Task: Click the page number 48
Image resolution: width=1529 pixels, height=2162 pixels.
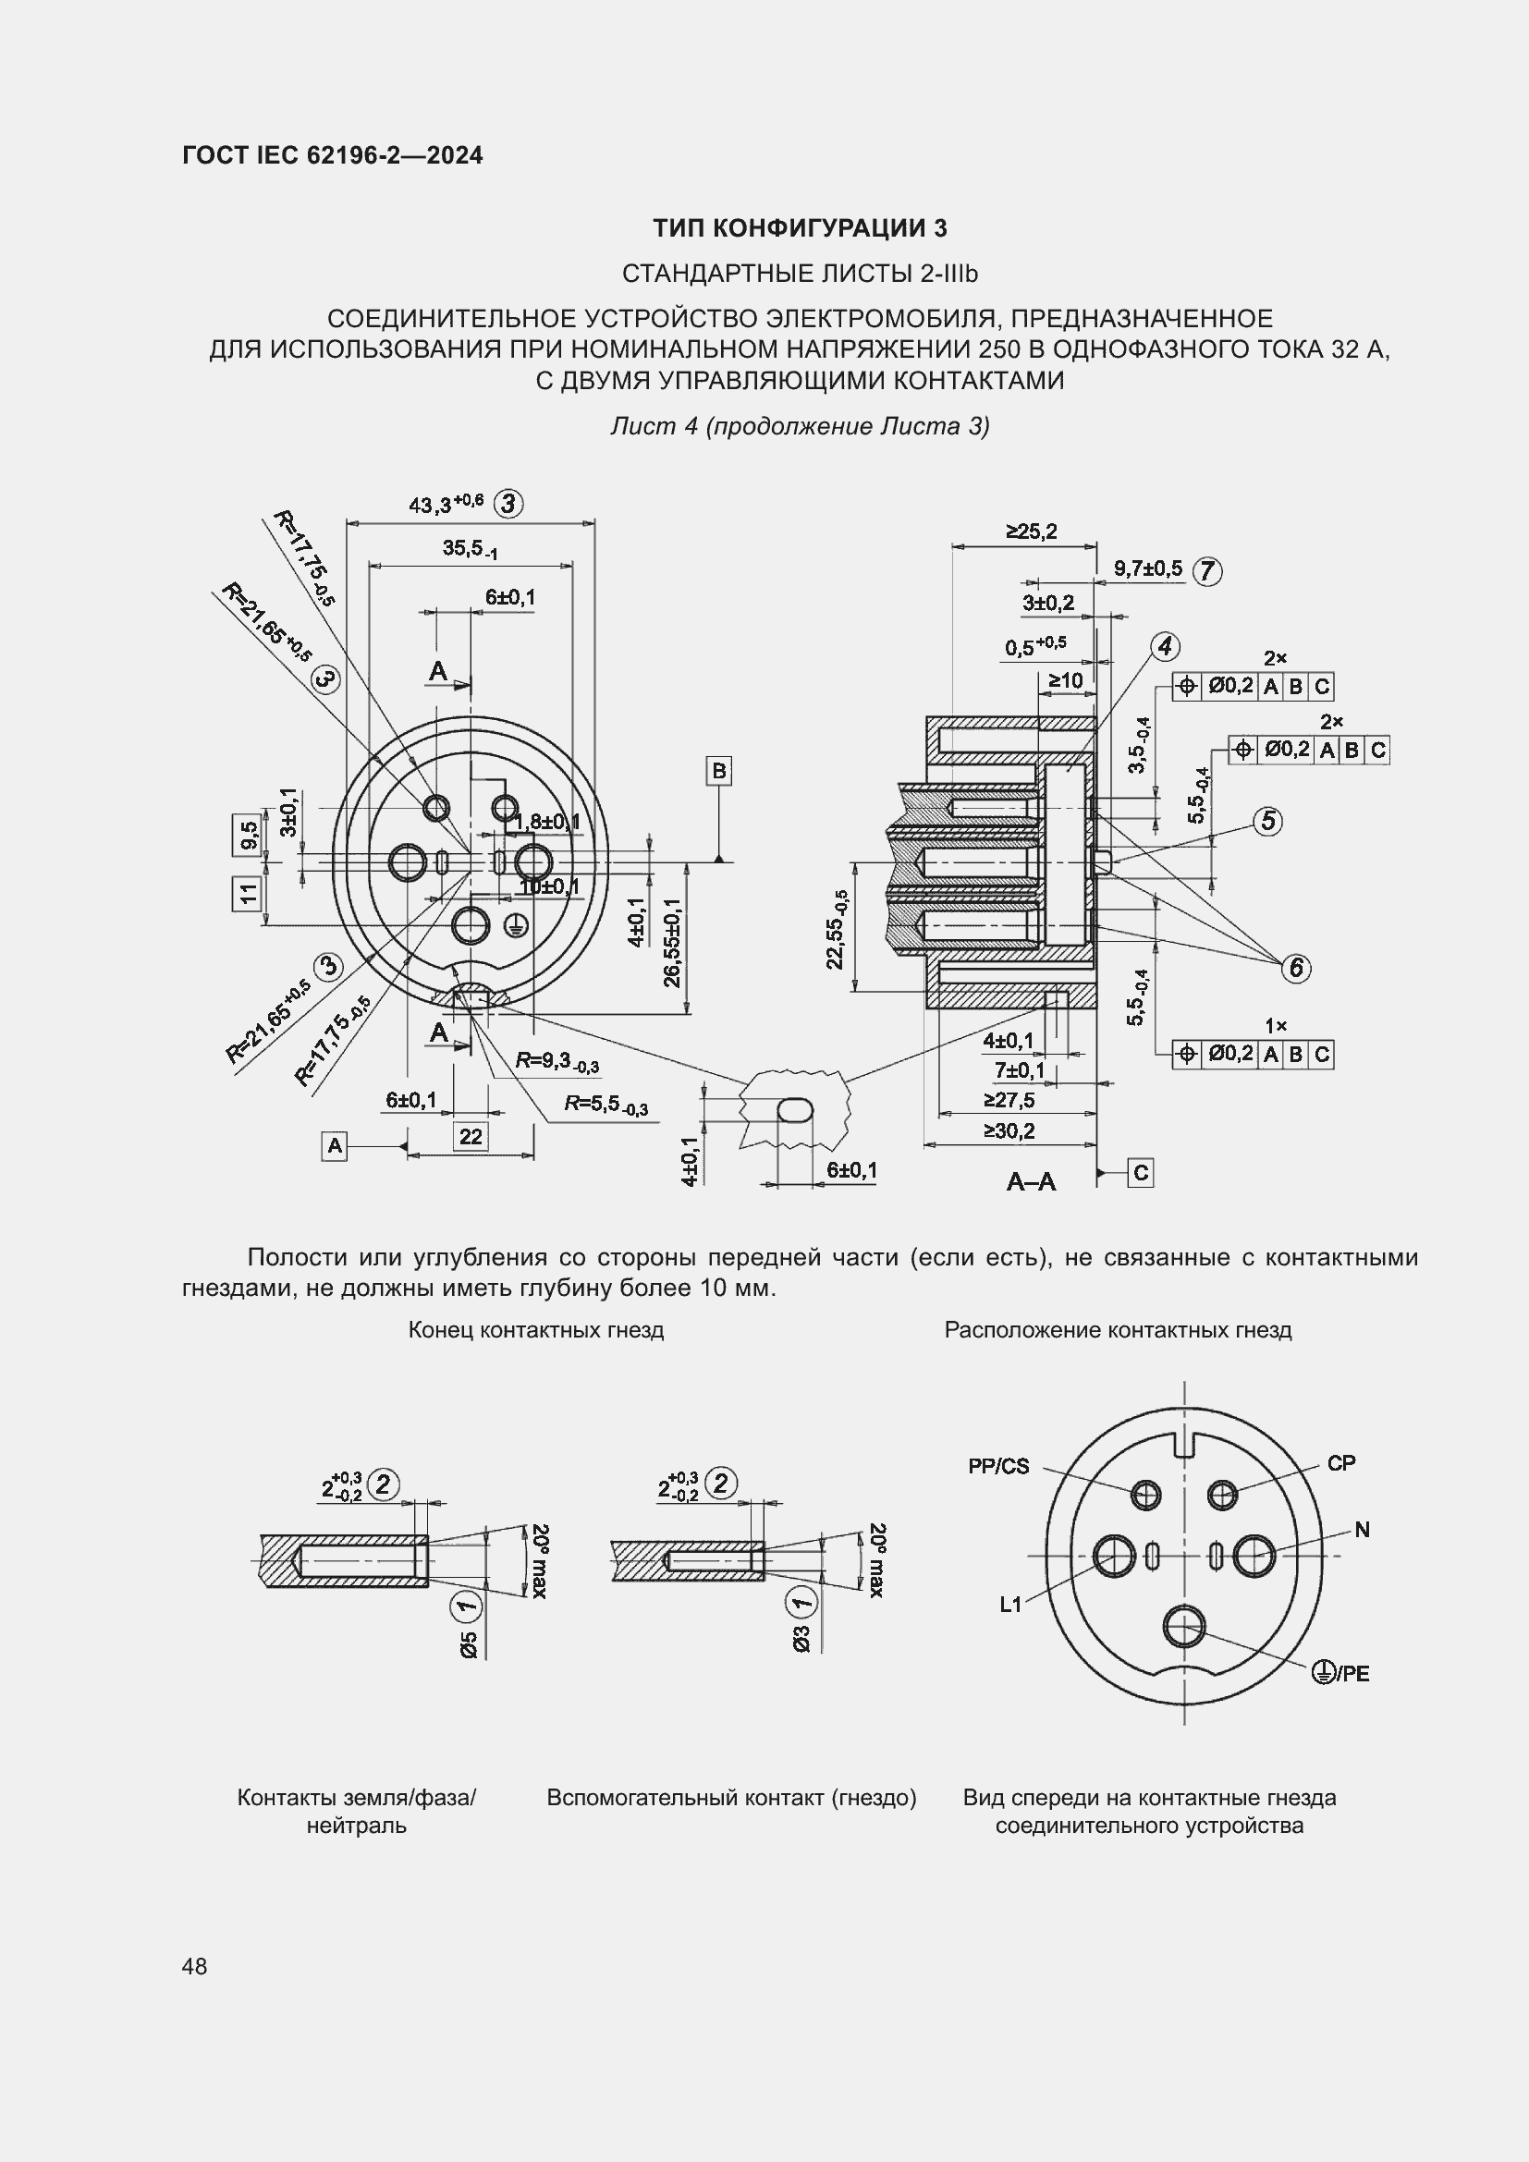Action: (194, 1966)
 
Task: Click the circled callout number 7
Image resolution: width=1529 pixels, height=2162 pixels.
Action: (1207, 570)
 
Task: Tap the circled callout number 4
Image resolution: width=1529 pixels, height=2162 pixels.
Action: (1165, 647)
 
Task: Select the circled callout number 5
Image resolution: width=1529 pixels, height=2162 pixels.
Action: (1268, 821)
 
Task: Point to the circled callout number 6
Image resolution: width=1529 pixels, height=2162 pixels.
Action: (1296, 967)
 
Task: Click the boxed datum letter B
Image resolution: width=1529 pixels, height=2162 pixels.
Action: (719, 771)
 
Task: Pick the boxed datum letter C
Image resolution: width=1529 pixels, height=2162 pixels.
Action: (1140, 1173)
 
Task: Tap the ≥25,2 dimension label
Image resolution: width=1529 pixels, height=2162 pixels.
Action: (1031, 532)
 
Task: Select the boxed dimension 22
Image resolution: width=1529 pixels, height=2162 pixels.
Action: (471, 1137)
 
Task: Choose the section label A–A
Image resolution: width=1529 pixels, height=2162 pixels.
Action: (1031, 1182)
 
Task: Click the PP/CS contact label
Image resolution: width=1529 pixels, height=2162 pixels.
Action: (998, 1466)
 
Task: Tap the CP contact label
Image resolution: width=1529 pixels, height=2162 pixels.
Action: (1340, 1463)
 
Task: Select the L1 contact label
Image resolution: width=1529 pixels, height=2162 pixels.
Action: (1010, 1605)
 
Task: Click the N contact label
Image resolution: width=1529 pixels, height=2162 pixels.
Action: (1362, 1530)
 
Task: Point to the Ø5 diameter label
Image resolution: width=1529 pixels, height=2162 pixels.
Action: (470, 1645)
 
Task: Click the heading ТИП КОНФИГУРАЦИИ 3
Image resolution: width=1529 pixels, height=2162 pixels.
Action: (801, 228)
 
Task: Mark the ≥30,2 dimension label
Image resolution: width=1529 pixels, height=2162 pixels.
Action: (1009, 1130)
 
